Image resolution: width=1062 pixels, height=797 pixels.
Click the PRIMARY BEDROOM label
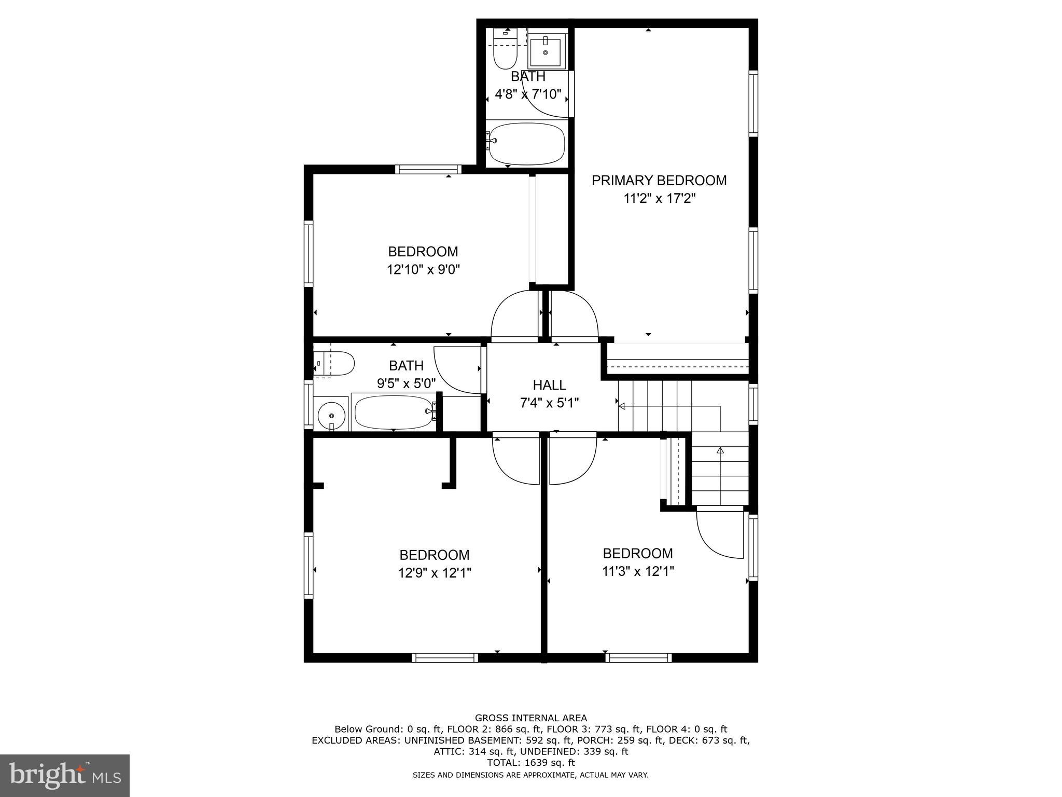pos(659,181)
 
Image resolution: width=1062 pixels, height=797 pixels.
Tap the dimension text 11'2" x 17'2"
pos(659,199)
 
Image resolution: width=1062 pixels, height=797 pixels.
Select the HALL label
pos(549,385)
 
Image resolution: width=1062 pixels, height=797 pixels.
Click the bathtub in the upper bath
pos(526,143)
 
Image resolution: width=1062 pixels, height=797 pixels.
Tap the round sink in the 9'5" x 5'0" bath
pos(331,415)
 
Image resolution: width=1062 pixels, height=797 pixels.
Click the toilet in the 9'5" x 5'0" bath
pos(335,363)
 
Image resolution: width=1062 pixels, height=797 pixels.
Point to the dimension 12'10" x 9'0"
pos(423,270)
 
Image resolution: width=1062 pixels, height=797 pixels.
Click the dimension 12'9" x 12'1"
pos(435,573)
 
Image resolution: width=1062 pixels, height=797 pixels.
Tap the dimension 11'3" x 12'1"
pos(638,571)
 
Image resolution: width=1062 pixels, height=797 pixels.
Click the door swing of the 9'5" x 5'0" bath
pos(456,369)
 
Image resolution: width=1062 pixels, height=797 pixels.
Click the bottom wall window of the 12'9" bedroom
pos(445,657)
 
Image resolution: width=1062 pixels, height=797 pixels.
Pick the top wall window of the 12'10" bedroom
pos(428,169)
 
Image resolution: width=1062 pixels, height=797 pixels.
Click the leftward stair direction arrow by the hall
pos(622,406)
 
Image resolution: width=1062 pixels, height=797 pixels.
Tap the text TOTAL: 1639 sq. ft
pos(530,763)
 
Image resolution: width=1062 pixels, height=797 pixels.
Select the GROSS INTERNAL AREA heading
pos(530,718)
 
